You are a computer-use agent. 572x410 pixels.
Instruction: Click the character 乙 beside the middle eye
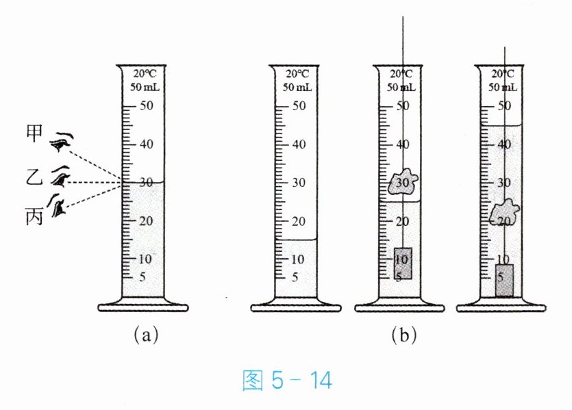point(35,177)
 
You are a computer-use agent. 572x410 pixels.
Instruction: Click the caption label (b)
point(403,335)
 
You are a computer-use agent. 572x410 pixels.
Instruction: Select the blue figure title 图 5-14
point(287,380)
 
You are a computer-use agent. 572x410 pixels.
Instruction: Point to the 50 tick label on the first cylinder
point(147,106)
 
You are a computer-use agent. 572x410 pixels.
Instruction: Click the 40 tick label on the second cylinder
point(298,144)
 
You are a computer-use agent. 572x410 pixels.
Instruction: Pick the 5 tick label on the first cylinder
point(142,277)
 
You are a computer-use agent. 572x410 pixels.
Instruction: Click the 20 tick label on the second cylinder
point(298,221)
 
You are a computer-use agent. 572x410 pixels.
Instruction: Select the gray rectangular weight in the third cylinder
point(402,263)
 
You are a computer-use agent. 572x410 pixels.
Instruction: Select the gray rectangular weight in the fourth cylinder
point(503,280)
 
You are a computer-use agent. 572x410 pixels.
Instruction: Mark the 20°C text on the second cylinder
point(297,75)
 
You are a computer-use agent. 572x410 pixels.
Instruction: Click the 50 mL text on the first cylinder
point(146,87)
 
